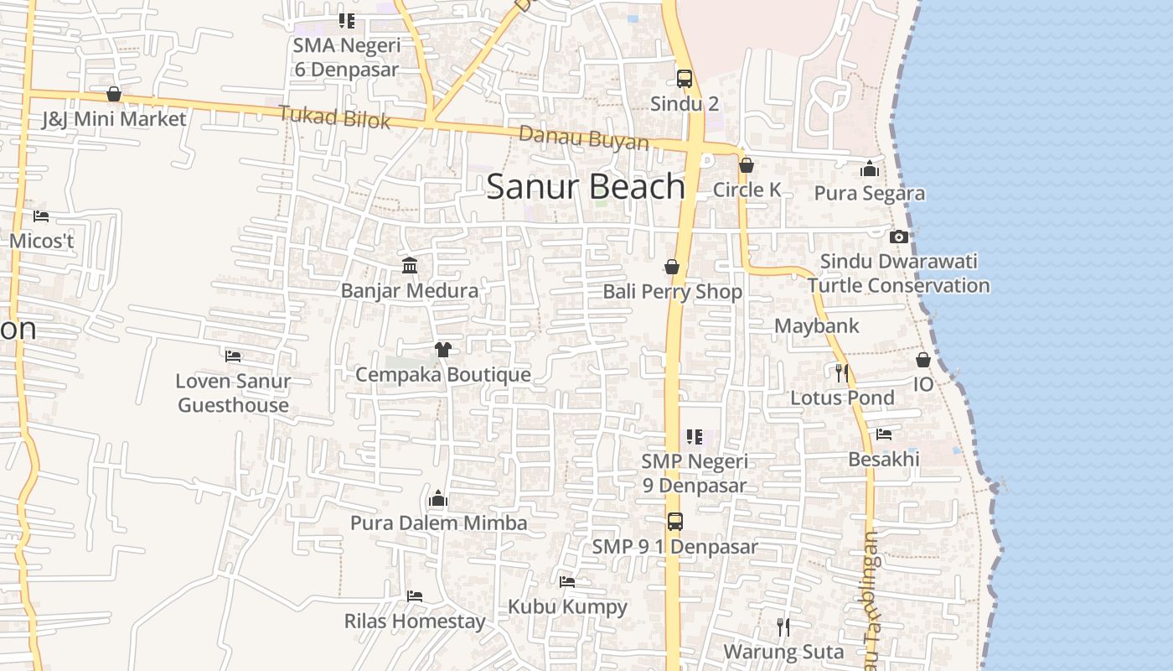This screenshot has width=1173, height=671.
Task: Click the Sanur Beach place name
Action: [586, 186]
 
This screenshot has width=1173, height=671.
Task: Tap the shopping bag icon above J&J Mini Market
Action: [114, 94]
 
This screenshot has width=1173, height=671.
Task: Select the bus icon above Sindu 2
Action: [685, 79]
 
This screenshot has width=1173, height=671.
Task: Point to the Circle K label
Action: [747, 190]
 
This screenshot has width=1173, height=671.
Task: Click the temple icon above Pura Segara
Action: [870, 169]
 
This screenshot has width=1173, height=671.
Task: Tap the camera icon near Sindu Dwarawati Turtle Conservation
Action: [899, 237]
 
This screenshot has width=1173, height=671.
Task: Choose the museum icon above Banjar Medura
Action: [410, 266]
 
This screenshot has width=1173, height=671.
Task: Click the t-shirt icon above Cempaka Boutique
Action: [443, 349]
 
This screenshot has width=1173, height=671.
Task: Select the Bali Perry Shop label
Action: [673, 292]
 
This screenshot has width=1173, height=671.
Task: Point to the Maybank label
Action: [817, 326]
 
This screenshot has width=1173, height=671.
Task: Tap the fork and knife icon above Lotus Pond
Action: [842, 372]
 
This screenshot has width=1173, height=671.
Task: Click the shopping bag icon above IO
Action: [922, 360]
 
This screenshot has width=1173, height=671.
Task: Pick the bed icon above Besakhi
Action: [884, 434]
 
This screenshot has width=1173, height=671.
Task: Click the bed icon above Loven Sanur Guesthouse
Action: [234, 356]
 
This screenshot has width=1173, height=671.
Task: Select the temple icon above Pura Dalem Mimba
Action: [438, 499]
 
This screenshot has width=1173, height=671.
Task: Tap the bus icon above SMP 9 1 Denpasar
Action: [675, 522]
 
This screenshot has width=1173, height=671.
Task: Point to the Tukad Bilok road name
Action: [334, 117]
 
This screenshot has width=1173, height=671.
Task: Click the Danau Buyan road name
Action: [583, 138]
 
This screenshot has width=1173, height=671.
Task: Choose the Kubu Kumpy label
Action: [567, 606]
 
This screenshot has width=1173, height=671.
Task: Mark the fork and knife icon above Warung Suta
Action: [783, 627]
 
